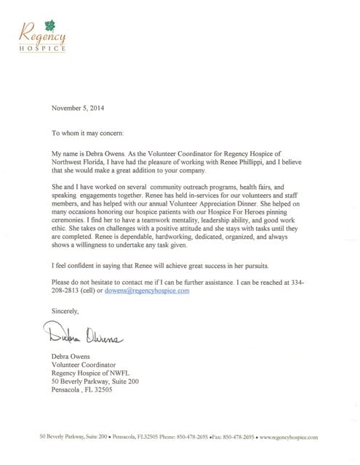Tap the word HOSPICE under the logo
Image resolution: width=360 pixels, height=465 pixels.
[x=43, y=49]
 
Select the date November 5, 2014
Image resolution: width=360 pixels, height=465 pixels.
[x=79, y=108]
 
